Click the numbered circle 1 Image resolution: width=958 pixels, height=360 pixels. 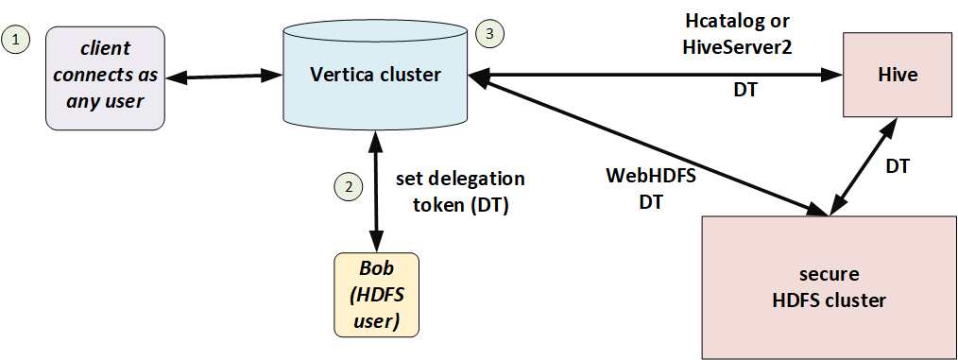pos(16,41)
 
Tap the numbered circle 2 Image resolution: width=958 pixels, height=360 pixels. pos(349,187)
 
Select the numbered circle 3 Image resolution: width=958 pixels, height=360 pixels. pos(489,34)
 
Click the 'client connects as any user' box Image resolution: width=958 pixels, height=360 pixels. pos(105,77)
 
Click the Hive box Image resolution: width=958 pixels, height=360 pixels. pos(898,75)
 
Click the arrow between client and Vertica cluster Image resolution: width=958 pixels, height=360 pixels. pos(224,77)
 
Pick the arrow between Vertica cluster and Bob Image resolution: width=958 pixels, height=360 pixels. pos(376,191)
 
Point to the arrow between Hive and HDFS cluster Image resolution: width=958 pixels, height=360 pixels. pos(864,166)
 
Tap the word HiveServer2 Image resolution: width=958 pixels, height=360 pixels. pos(737,47)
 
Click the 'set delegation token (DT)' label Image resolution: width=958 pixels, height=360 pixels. pos(460,192)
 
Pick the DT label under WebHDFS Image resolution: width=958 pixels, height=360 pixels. pos(651,201)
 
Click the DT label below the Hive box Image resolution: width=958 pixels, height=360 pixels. pos(898,165)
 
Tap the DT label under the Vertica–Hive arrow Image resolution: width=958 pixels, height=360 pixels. pos(744,91)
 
